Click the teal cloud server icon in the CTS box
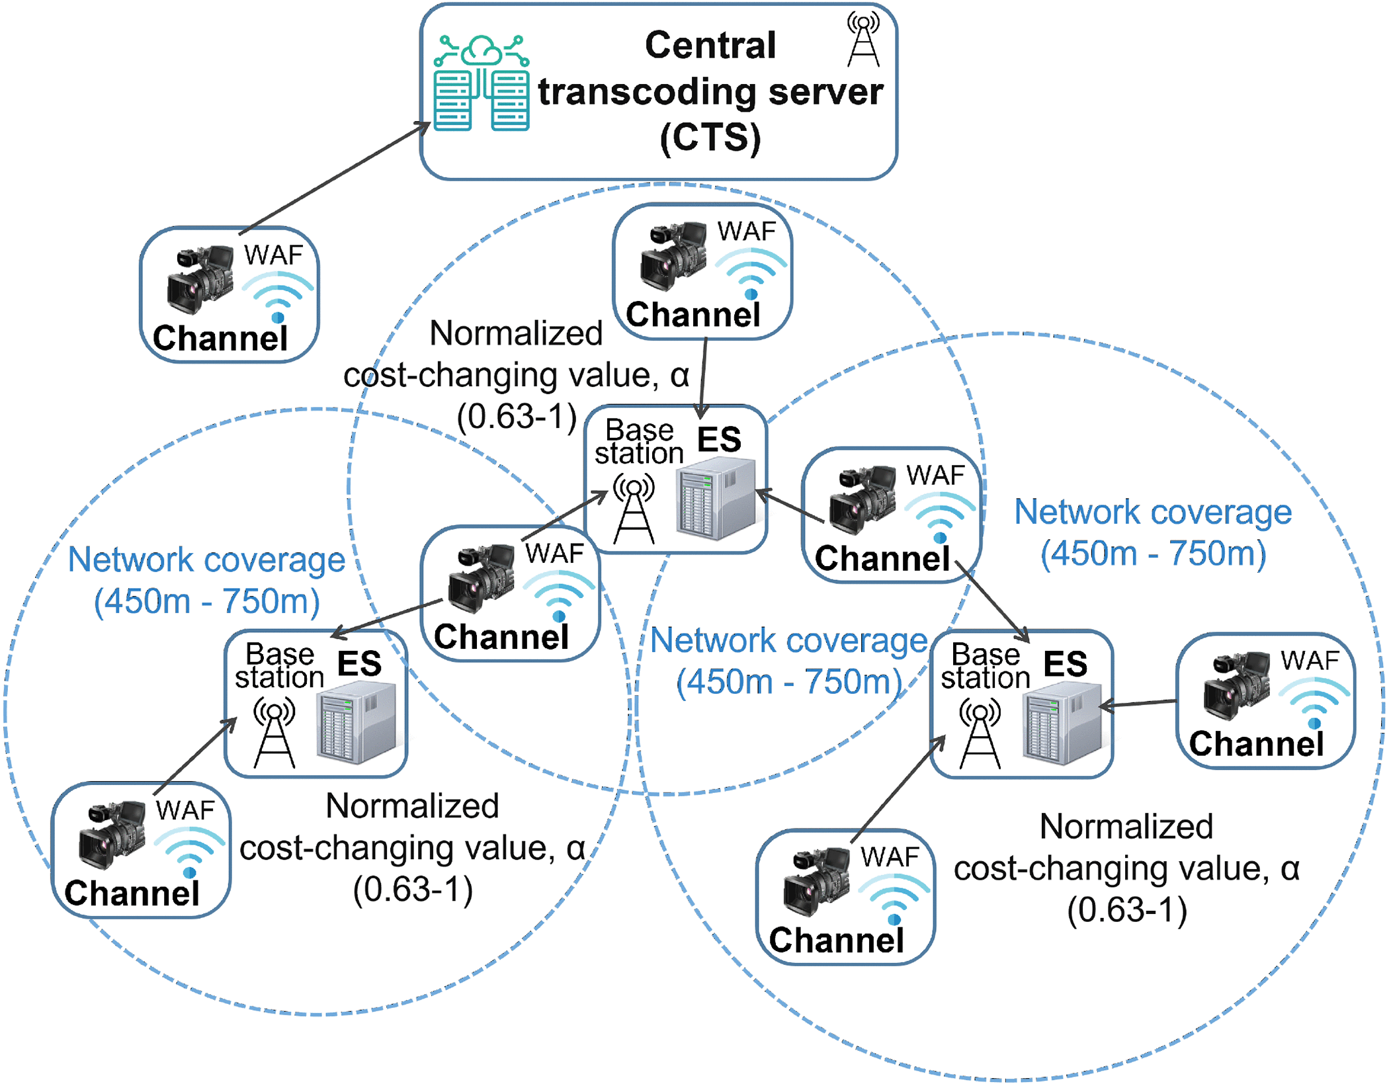pos(482,83)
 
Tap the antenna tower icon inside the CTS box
pos(864,41)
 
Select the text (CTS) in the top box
pos(710,138)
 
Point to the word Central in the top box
pos(710,45)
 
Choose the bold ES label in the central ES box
pos(719,439)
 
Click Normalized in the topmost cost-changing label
pos(516,333)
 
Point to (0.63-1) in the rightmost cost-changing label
pos(1126,910)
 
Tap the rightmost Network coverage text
pos(1153,512)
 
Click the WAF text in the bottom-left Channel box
pos(185,810)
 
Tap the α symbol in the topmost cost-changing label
pos(679,375)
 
